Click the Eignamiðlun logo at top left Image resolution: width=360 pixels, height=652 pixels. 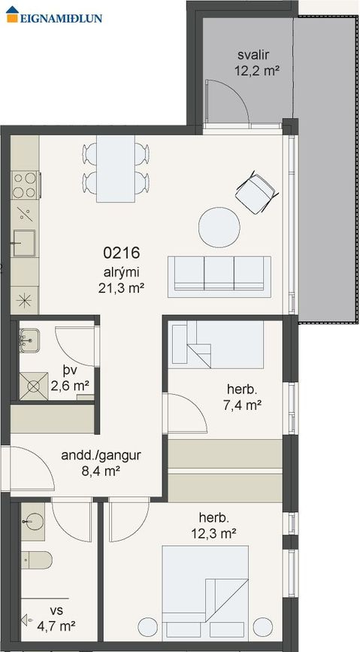[x=53, y=17]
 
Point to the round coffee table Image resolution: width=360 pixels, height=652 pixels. [x=219, y=226]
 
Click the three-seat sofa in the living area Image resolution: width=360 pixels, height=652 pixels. [x=219, y=274]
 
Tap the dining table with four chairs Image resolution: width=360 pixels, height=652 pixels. [x=116, y=169]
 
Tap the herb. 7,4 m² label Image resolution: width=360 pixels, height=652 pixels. [x=244, y=398]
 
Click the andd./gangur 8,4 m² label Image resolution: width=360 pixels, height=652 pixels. [x=91, y=463]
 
